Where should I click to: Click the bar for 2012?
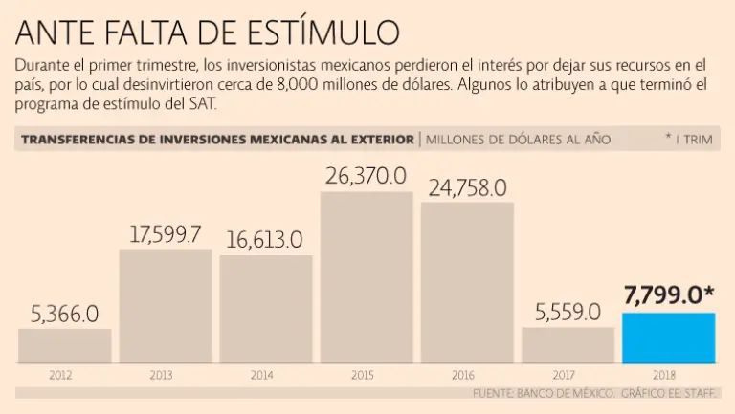pos(64,346)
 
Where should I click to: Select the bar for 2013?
pos(166,306)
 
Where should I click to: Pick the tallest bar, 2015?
pos(366,277)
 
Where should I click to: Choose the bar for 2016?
pos(467,282)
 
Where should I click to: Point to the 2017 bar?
pos(568,345)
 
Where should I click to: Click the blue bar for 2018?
pos(668,338)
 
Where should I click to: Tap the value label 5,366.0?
pos(64,313)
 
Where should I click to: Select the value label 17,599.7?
pos(166,233)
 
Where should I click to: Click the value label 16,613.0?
pos(265,239)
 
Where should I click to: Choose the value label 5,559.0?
pos(568,312)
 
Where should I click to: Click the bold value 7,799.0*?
pos(669,296)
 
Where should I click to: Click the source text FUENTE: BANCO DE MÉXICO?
pos(542,393)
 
